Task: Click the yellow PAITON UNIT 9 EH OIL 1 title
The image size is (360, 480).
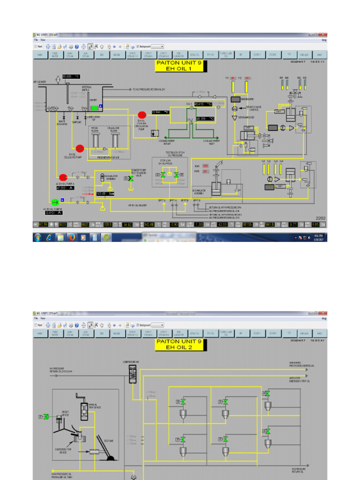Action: pyautogui.click(x=180, y=65)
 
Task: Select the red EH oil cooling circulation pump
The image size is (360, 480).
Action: pyautogui.click(x=142, y=115)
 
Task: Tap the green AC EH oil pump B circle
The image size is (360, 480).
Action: pyautogui.click(x=55, y=202)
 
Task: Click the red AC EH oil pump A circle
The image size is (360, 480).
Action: pyautogui.click(x=63, y=177)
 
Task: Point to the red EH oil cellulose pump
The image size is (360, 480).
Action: pyautogui.click(x=80, y=149)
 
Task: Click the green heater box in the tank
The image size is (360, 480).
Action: pyautogui.click(x=94, y=108)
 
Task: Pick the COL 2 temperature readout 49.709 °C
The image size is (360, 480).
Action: pyautogui.click(x=205, y=119)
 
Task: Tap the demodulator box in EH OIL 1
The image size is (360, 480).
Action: pyautogui.click(x=236, y=100)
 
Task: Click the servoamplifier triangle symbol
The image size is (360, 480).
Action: pyautogui.click(x=235, y=117)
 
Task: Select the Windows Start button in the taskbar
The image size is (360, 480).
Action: pyautogui.click(x=37, y=238)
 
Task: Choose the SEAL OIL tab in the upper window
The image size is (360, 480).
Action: pyautogui.click(x=195, y=55)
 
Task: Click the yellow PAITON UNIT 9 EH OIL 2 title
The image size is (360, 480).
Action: pyautogui.click(x=180, y=345)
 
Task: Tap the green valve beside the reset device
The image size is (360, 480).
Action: pyautogui.click(x=45, y=416)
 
